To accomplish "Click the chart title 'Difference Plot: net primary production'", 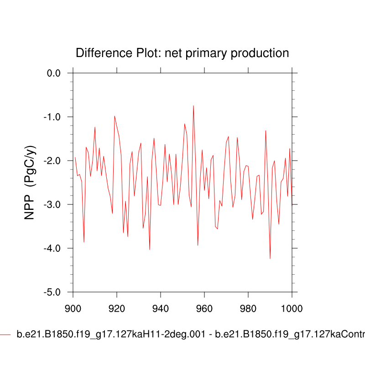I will [x=182, y=53].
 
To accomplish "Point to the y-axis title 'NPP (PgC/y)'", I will [x=30, y=182].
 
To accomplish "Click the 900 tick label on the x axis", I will [x=73, y=308].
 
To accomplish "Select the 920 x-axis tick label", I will [x=117, y=308].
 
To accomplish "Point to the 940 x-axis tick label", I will [x=161, y=308].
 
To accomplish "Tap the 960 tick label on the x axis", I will [x=204, y=308].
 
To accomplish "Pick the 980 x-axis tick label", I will [x=248, y=308].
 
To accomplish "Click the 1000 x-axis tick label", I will [x=291, y=308].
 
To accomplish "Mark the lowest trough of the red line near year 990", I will [x=270, y=259].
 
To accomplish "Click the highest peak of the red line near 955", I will [x=193, y=106].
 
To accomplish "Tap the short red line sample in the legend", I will [x=5, y=334].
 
